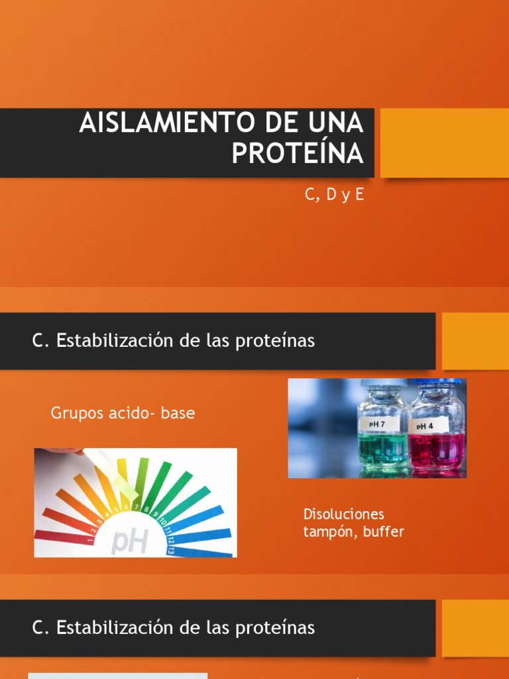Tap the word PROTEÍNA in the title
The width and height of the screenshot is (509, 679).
[297, 154]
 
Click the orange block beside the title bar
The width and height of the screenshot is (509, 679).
[444, 143]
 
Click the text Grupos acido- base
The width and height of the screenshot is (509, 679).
[123, 413]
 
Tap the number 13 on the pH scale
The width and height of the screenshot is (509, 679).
[171, 549]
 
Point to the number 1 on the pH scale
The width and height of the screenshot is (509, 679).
[90, 540]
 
